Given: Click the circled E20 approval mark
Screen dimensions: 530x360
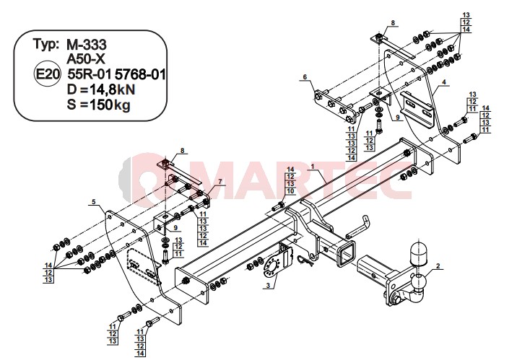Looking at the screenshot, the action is click(47, 74).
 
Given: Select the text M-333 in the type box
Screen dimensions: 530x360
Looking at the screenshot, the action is click(87, 45).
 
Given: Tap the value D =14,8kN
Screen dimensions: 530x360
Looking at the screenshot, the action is click(101, 90).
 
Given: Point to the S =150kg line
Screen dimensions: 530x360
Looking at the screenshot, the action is click(98, 105).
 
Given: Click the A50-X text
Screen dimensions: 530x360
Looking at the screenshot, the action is click(86, 59).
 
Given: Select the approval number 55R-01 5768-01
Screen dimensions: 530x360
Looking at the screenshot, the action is click(116, 74).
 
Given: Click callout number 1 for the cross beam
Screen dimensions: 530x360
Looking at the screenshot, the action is click(313, 166).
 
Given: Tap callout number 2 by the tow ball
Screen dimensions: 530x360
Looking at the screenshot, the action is click(438, 266).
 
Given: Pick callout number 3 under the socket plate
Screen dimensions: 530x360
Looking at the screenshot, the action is click(268, 286).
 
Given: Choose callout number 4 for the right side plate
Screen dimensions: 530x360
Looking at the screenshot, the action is click(444, 82).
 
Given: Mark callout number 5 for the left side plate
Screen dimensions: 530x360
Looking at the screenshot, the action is click(94, 202).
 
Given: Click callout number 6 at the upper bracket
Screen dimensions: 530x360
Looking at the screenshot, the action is click(305, 77).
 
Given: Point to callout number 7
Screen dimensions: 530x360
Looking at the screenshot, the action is click(220, 182).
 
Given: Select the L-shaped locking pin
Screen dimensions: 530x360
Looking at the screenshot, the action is click(357, 227).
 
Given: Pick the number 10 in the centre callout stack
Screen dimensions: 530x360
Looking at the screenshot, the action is click(290, 191).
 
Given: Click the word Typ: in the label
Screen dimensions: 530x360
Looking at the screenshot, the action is click(46, 44).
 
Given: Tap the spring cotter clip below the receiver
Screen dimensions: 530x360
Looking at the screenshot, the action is click(306, 258).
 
